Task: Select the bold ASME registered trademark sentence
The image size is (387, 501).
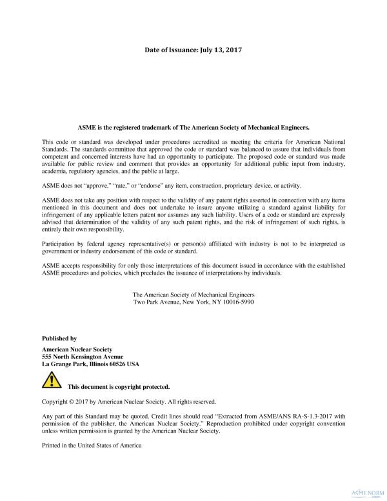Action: tap(193, 128)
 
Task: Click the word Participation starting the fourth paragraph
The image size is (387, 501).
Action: tap(61, 244)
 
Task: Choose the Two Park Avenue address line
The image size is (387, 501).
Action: tap(193, 302)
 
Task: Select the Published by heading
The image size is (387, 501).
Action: tap(59, 339)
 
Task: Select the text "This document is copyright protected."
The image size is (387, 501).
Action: tap(119, 388)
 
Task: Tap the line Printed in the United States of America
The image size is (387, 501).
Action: tap(91, 446)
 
